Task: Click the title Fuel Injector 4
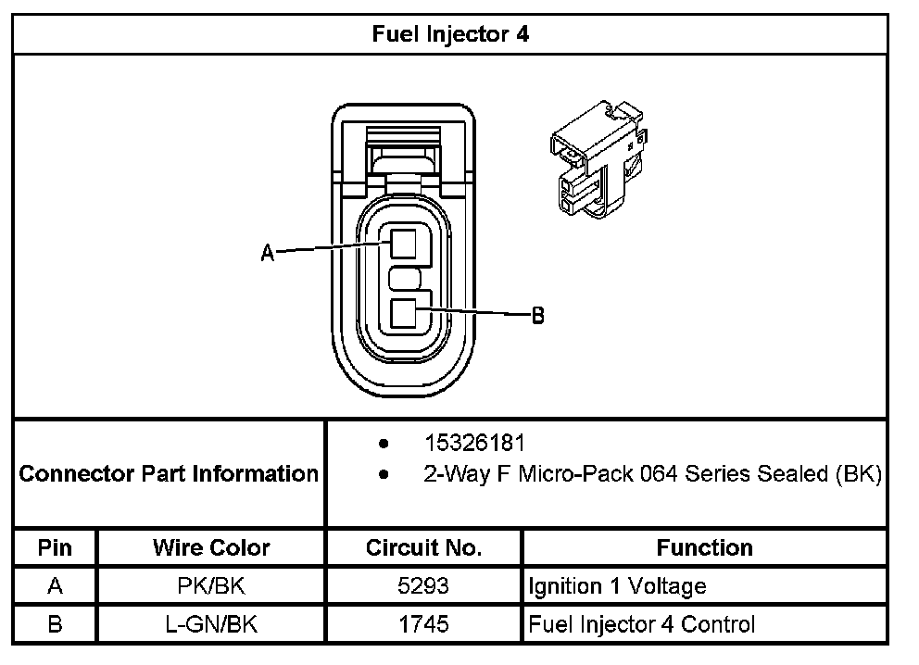tap(450, 35)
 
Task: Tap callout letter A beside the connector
tap(268, 253)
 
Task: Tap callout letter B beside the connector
tap(537, 316)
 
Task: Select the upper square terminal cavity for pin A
tap(403, 244)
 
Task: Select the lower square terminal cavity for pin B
tap(403, 314)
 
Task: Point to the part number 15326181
tap(474, 443)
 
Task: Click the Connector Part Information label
tap(169, 474)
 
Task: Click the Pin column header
tap(55, 547)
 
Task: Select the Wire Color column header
tap(211, 547)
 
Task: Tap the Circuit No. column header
tap(423, 547)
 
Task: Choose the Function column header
tap(704, 547)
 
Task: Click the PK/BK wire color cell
tap(211, 586)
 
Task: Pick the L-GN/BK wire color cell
tap(211, 624)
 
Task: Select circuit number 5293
tap(423, 586)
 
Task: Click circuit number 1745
tap(423, 624)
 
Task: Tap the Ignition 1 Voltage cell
tap(617, 586)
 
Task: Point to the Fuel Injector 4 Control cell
tap(641, 624)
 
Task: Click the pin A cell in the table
tap(55, 586)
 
